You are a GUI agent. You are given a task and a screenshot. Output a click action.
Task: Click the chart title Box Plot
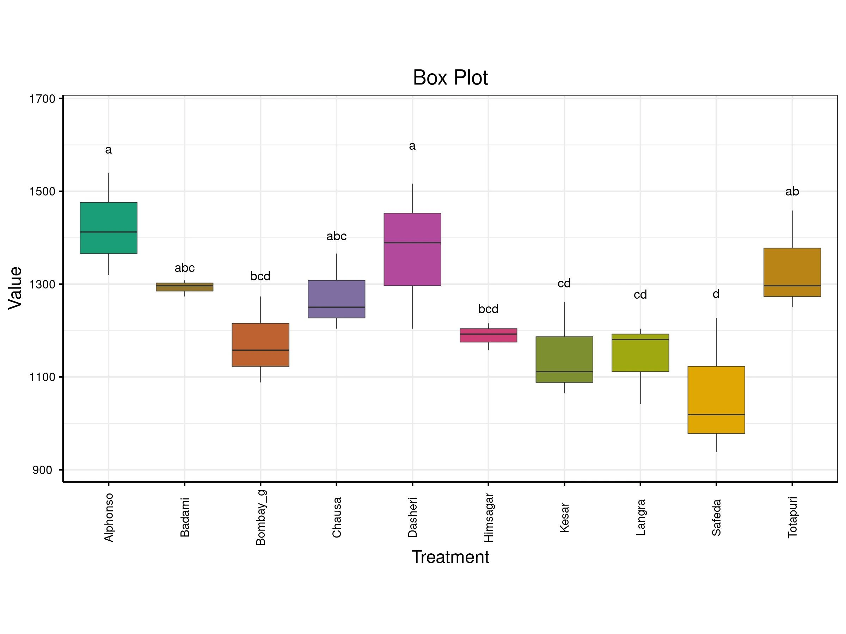pyautogui.click(x=450, y=77)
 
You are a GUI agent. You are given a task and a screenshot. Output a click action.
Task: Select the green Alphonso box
pyautogui.click(x=109, y=228)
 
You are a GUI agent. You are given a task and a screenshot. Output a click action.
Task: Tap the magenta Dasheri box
pyautogui.click(x=412, y=249)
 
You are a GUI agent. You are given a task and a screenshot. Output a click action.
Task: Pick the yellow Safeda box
pyautogui.click(x=716, y=400)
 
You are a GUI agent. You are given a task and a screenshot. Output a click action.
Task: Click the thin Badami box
pyautogui.click(x=184, y=287)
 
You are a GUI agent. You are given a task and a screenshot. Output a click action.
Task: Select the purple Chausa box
pyautogui.click(x=337, y=299)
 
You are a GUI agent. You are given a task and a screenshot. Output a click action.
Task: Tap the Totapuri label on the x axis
pyautogui.click(x=792, y=517)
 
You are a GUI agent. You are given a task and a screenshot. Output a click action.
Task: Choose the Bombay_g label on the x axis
pyautogui.click(x=260, y=518)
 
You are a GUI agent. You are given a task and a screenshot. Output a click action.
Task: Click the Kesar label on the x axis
pyautogui.click(x=564, y=518)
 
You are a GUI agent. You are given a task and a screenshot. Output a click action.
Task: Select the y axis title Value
pyautogui.click(x=15, y=288)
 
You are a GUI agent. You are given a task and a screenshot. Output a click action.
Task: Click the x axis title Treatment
pyautogui.click(x=450, y=557)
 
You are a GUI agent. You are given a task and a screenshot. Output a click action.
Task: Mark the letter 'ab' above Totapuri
pyautogui.click(x=792, y=192)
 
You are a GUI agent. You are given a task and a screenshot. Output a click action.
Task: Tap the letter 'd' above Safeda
pyautogui.click(x=716, y=293)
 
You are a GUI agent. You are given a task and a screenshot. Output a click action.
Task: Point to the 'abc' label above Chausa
pyautogui.click(x=337, y=236)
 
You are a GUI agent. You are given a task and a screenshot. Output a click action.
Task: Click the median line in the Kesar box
pyautogui.click(x=564, y=372)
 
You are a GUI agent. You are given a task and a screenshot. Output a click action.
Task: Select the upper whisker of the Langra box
pyautogui.click(x=640, y=331)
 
